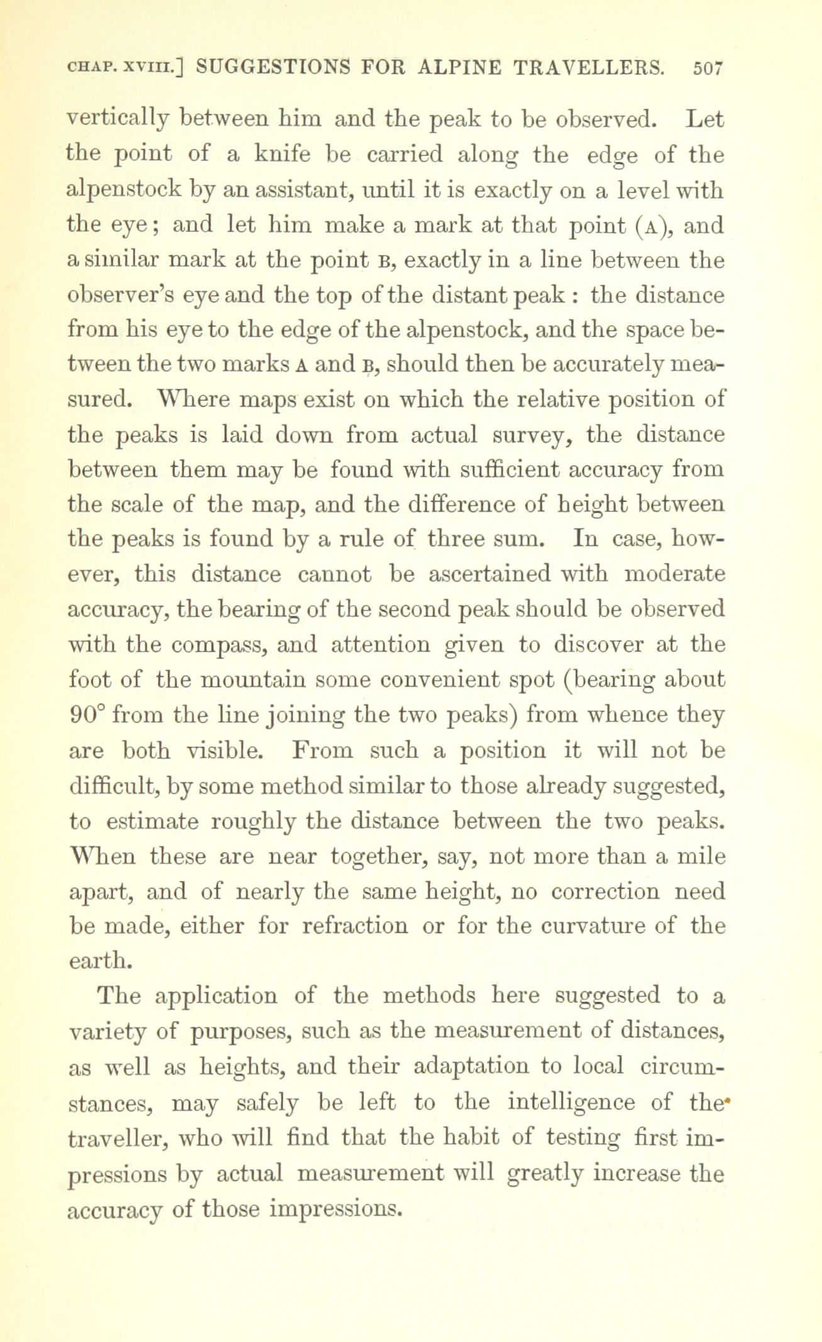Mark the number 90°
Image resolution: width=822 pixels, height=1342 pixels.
(85, 715)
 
